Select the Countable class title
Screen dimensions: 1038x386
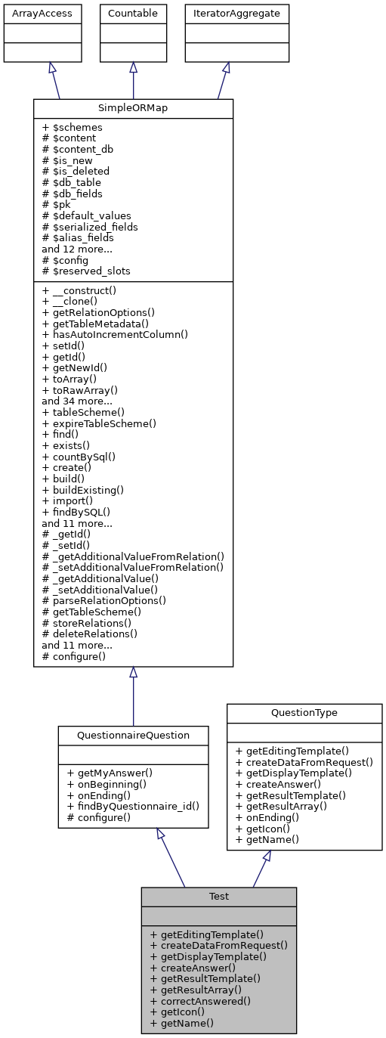pyautogui.click(x=133, y=14)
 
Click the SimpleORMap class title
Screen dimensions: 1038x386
pyautogui.click(x=133, y=108)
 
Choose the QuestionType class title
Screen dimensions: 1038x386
pyautogui.click(x=304, y=713)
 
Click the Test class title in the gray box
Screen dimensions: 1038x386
pyautogui.click(x=219, y=897)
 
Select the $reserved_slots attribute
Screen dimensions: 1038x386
pyautogui.click(x=87, y=270)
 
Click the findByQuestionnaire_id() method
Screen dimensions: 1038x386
pyautogui.click(x=133, y=806)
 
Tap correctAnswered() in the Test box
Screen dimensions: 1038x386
pyautogui.click(x=200, y=1000)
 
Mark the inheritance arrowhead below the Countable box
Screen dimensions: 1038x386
pyautogui.click(x=133, y=68)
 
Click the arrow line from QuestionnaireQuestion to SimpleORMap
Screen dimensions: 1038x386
pyautogui.click(x=133, y=699)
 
